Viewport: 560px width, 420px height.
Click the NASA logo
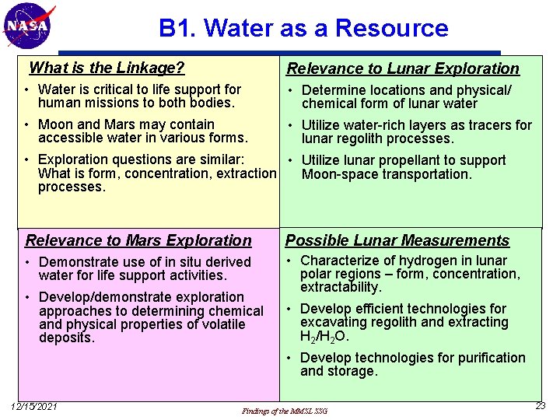point(29,26)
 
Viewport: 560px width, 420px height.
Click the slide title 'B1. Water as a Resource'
point(303,29)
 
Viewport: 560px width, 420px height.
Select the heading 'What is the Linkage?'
point(107,68)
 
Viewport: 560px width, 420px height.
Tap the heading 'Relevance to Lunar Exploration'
point(402,68)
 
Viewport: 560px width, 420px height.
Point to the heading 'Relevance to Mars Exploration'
point(138,240)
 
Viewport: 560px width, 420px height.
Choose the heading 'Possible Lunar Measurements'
point(397,240)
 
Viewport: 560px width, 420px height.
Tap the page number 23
point(541,406)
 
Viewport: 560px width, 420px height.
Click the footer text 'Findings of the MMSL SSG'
point(285,410)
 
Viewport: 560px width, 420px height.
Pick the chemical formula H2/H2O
point(325,337)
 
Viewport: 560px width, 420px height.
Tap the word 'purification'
point(488,358)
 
